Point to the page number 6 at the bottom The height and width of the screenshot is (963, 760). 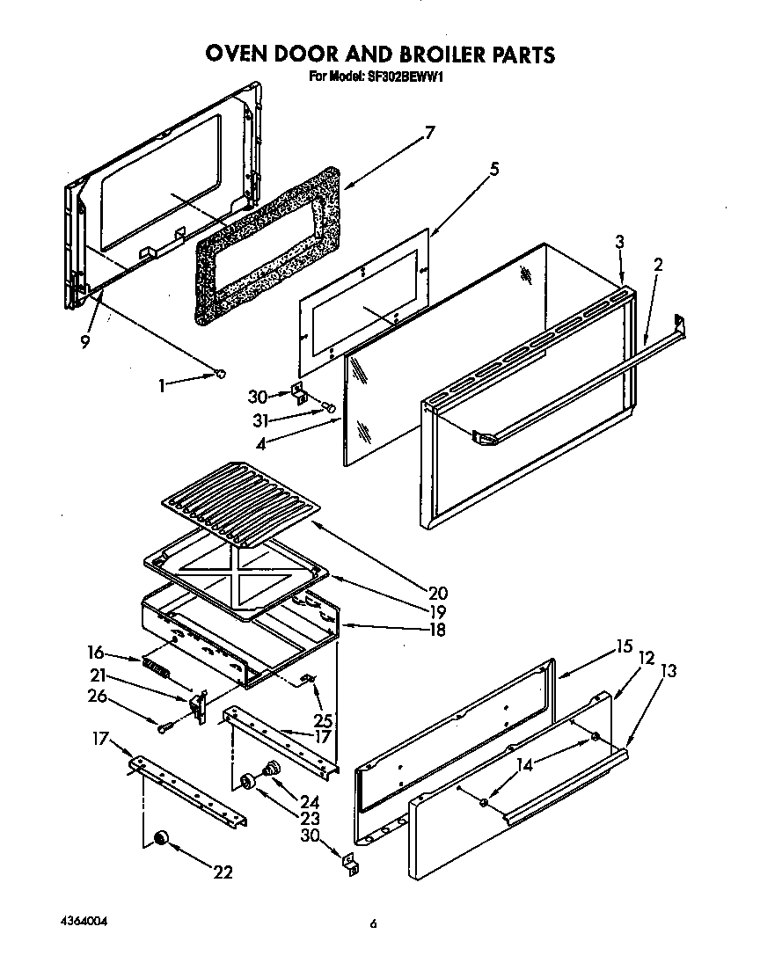[374, 923]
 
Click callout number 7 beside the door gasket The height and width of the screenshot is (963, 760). [429, 133]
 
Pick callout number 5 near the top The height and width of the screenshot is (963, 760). [494, 169]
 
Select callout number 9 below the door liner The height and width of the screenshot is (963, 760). [85, 342]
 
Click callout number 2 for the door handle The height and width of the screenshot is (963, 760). [658, 264]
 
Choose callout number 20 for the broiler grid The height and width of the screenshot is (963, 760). [438, 592]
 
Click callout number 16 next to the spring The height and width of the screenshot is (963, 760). [96, 652]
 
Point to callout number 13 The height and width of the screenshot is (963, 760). [669, 671]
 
